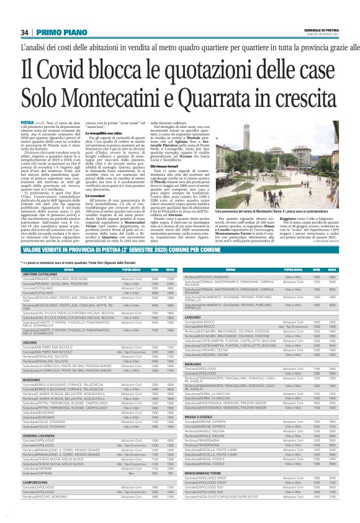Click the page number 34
point(25,32)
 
